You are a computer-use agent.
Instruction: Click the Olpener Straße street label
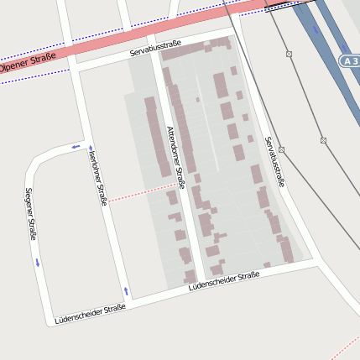27,61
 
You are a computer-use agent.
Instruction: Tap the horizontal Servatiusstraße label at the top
155,51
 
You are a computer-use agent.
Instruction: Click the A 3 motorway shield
350,61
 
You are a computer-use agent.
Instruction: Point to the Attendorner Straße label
175,154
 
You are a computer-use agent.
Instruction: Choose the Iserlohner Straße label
97,176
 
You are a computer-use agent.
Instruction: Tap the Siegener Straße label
30,214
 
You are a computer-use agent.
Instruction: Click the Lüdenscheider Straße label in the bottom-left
90,315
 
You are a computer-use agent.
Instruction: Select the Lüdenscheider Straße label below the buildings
224,281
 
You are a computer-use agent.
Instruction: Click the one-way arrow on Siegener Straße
37,262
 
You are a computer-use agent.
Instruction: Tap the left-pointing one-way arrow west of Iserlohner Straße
76,147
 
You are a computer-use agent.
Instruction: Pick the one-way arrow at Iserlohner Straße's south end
126,290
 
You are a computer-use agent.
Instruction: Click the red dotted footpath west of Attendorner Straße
141,192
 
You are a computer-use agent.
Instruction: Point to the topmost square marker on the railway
289,54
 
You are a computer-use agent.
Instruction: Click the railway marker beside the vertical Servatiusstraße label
282,149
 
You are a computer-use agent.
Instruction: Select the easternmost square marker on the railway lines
323,139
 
